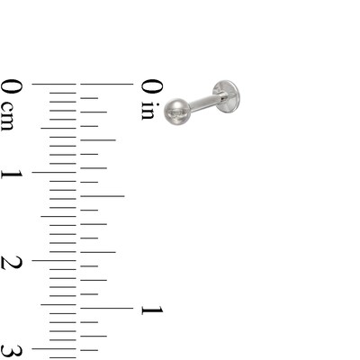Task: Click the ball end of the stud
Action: coord(176,112)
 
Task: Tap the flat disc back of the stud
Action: coord(227,96)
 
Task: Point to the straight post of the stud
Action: coord(207,102)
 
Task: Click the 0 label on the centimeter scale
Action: coord(12,87)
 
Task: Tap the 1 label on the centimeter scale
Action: coord(12,175)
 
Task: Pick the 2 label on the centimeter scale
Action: coord(12,263)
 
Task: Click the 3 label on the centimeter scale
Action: coord(12,352)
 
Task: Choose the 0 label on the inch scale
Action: coord(152,87)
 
